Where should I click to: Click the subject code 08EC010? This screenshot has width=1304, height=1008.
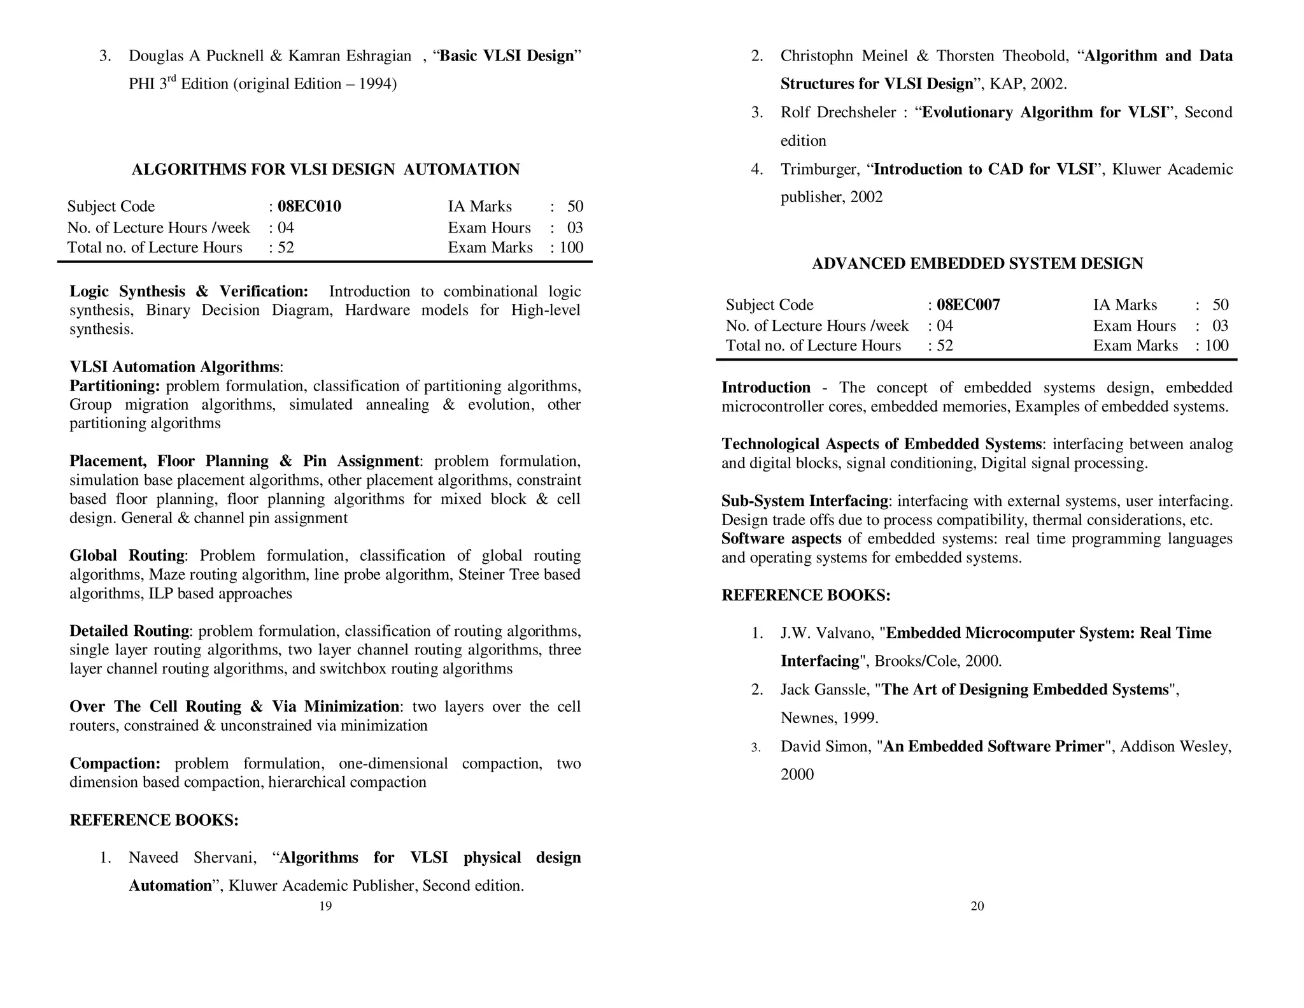pos(309,206)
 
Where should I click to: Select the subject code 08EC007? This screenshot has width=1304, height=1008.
pos(968,305)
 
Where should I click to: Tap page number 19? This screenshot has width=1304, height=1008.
pos(325,906)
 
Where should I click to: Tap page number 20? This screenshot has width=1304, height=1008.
pos(977,906)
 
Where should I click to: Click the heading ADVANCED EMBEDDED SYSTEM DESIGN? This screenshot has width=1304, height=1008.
pos(977,264)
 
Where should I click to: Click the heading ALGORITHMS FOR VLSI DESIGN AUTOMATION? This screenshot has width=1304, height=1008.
pos(325,169)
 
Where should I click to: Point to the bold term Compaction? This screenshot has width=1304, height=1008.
pos(115,763)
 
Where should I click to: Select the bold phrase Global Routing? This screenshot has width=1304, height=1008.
pos(127,556)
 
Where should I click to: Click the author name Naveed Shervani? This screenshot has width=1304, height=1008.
pos(192,858)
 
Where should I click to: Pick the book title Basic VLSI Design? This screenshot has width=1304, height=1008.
pos(507,56)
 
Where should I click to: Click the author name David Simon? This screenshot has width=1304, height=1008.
pos(825,747)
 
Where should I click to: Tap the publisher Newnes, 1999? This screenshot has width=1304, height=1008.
pos(829,718)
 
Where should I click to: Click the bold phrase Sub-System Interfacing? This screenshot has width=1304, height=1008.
pos(805,501)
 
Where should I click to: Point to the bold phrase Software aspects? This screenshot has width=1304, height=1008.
pos(781,539)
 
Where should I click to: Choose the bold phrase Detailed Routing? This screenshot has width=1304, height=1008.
pos(129,631)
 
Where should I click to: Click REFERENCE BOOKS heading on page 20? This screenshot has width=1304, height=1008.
pos(805,596)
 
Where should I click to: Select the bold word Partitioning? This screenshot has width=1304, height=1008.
pos(115,386)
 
